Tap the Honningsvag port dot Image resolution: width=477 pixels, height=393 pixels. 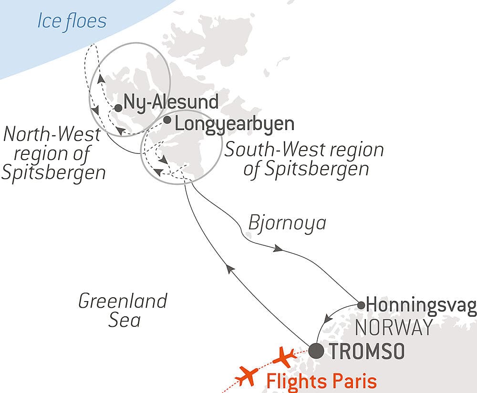point(362,304)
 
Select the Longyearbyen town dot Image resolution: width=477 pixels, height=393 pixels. point(167,120)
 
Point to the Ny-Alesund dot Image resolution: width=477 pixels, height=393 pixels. point(118,108)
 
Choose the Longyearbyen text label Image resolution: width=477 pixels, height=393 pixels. point(235,124)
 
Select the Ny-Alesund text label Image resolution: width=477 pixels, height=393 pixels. point(171,101)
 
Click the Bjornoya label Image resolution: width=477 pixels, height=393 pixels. point(287,222)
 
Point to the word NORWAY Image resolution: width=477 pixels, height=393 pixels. point(394,328)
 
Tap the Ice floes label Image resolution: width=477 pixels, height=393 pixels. point(72,21)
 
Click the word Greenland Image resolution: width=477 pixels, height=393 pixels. point(123,301)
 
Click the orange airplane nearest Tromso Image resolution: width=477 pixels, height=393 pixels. point(286,355)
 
